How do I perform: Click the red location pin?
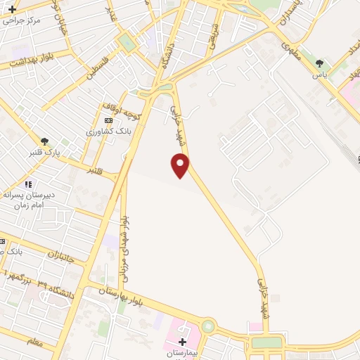[181, 165]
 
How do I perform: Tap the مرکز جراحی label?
[23, 20]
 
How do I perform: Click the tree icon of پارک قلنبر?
[46, 141]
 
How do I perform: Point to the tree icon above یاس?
[320, 63]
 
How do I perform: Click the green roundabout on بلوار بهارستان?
[207, 326]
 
